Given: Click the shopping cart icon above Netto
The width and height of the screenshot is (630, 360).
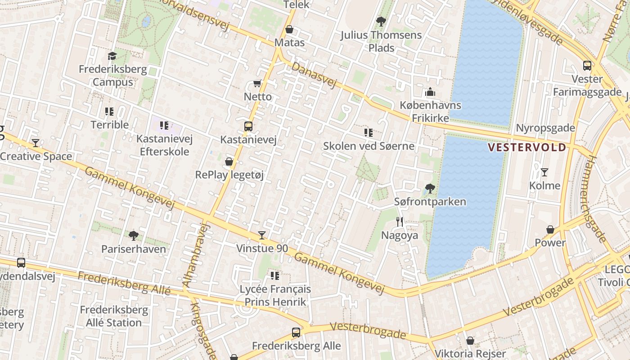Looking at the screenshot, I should [257, 83].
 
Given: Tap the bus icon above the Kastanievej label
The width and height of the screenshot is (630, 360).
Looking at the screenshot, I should [248, 126].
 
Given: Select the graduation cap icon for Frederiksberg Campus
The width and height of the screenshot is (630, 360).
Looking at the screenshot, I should [112, 56].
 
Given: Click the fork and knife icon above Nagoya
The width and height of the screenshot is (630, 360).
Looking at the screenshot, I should [400, 221].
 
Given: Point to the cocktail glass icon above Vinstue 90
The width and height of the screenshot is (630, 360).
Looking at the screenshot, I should [261, 235].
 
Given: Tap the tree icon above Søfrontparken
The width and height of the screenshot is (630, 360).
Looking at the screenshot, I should [430, 188].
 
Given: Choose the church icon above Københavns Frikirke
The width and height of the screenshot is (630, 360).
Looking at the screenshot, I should [430, 92].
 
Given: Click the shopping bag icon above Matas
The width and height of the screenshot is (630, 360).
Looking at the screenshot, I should [289, 30].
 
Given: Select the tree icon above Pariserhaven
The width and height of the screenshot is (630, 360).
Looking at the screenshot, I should [133, 235].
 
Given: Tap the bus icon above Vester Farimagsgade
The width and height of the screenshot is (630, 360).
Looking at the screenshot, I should [587, 66].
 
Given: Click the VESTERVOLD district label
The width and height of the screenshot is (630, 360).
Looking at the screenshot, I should [527, 147].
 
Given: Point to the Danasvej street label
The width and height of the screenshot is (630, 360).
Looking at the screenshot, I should [314, 75].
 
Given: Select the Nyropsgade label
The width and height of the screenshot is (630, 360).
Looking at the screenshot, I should [545, 128].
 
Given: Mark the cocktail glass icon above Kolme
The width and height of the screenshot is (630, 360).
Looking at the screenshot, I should [544, 172].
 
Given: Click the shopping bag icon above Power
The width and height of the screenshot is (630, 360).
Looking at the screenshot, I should [550, 229].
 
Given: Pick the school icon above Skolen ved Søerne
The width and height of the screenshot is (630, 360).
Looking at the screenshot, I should [369, 133].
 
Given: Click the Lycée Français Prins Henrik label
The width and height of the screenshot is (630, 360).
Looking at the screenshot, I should [275, 295].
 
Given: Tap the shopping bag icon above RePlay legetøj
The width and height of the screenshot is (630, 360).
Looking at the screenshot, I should [229, 162].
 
